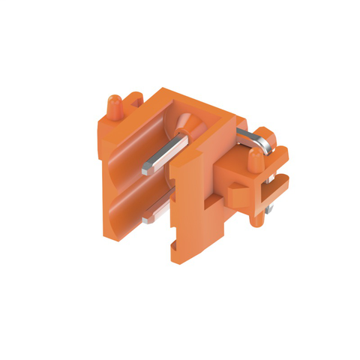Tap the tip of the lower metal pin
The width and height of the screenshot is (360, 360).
point(145,220)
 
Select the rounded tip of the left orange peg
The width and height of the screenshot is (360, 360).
point(114,100)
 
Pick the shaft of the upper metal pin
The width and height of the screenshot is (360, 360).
point(169,153)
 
